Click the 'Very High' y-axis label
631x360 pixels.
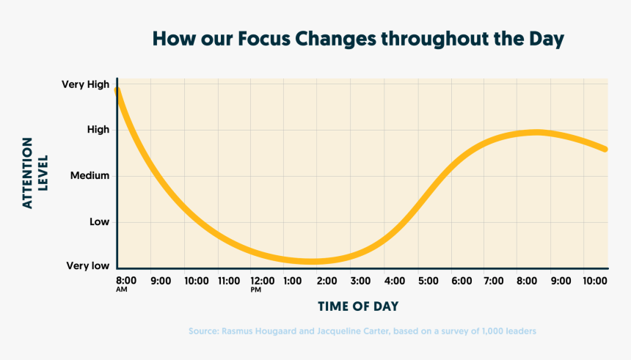pos(86,84)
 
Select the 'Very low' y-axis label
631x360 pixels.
pos(88,265)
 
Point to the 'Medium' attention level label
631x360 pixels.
pos(90,175)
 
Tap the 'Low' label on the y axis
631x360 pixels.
pos(98,221)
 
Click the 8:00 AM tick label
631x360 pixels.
pos(126,282)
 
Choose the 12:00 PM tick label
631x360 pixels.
pos(262,282)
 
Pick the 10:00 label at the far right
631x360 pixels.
pos(595,280)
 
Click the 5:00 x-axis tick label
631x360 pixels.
pos(428,280)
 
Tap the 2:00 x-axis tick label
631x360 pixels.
pos(327,280)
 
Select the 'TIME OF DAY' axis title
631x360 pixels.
pos(358,306)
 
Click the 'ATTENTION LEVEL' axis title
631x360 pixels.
pos(34,172)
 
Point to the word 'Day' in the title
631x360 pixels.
pos(547,39)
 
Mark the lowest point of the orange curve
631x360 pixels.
pos(312,261)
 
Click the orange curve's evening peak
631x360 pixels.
pos(536,132)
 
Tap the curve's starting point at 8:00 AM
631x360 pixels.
pos(117,90)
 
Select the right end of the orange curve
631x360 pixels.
pos(605,150)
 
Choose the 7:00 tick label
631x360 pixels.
pos(495,280)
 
